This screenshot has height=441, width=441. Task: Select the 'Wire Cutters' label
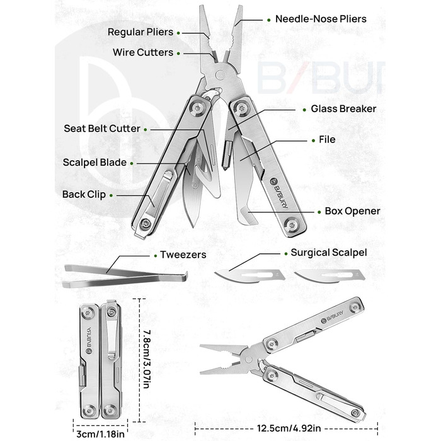pyautogui.click(x=143, y=53)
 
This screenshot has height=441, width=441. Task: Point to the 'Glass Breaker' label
pyautogui.click(x=343, y=109)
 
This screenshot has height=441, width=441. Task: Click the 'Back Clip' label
pyautogui.click(x=84, y=195)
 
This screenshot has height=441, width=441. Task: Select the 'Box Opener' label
pyautogui.click(x=352, y=211)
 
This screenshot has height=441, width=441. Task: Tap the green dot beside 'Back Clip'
pyautogui.click(x=115, y=195)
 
